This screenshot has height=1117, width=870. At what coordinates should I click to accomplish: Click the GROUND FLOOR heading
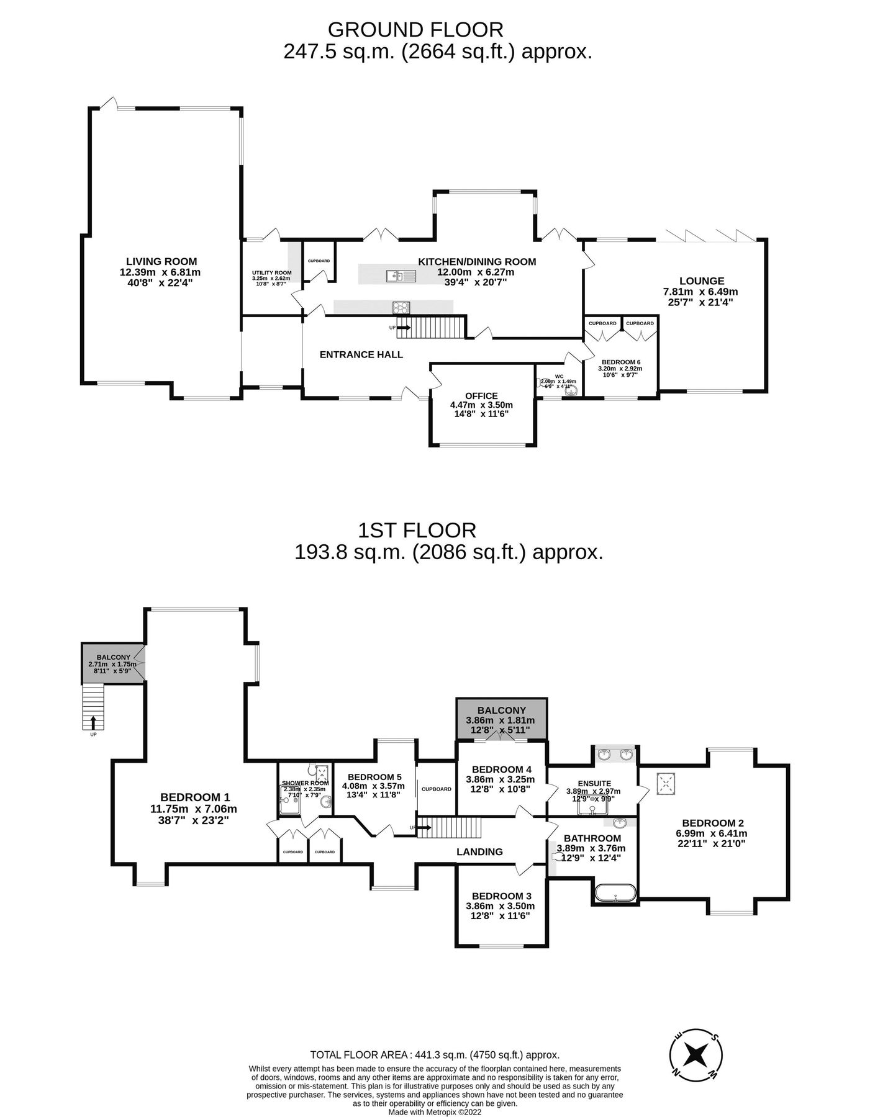pyautogui.click(x=415, y=29)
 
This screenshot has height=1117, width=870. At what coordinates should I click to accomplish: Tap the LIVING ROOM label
pyautogui.click(x=161, y=261)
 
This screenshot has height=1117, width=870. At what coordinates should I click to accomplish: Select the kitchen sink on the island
pyautogui.click(x=396, y=276)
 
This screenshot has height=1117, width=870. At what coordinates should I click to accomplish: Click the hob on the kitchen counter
pyautogui.click(x=401, y=307)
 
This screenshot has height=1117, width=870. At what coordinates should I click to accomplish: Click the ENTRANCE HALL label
pyautogui.click(x=361, y=354)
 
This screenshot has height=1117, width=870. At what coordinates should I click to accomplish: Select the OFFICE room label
pyautogui.click(x=481, y=396)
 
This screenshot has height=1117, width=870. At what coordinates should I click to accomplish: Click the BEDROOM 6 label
pyautogui.click(x=621, y=362)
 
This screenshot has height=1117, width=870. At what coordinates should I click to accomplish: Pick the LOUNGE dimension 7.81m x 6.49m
pyautogui.click(x=700, y=292)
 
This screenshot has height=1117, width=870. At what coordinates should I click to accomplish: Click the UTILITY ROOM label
pyautogui.click(x=271, y=272)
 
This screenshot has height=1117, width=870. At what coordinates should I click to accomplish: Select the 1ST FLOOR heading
pyautogui.click(x=417, y=530)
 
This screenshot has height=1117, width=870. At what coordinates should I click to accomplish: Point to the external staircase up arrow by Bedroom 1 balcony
pyautogui.click(x=93, y=722)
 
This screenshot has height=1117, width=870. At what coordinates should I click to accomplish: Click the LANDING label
pyautogui.click(x=479, y=851)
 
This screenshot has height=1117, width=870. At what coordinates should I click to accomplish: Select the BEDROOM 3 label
pyautogui.click(x=501, y=895)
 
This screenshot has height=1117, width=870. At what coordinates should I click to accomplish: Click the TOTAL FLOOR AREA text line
pyautogui.click(x=435, y=1054)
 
